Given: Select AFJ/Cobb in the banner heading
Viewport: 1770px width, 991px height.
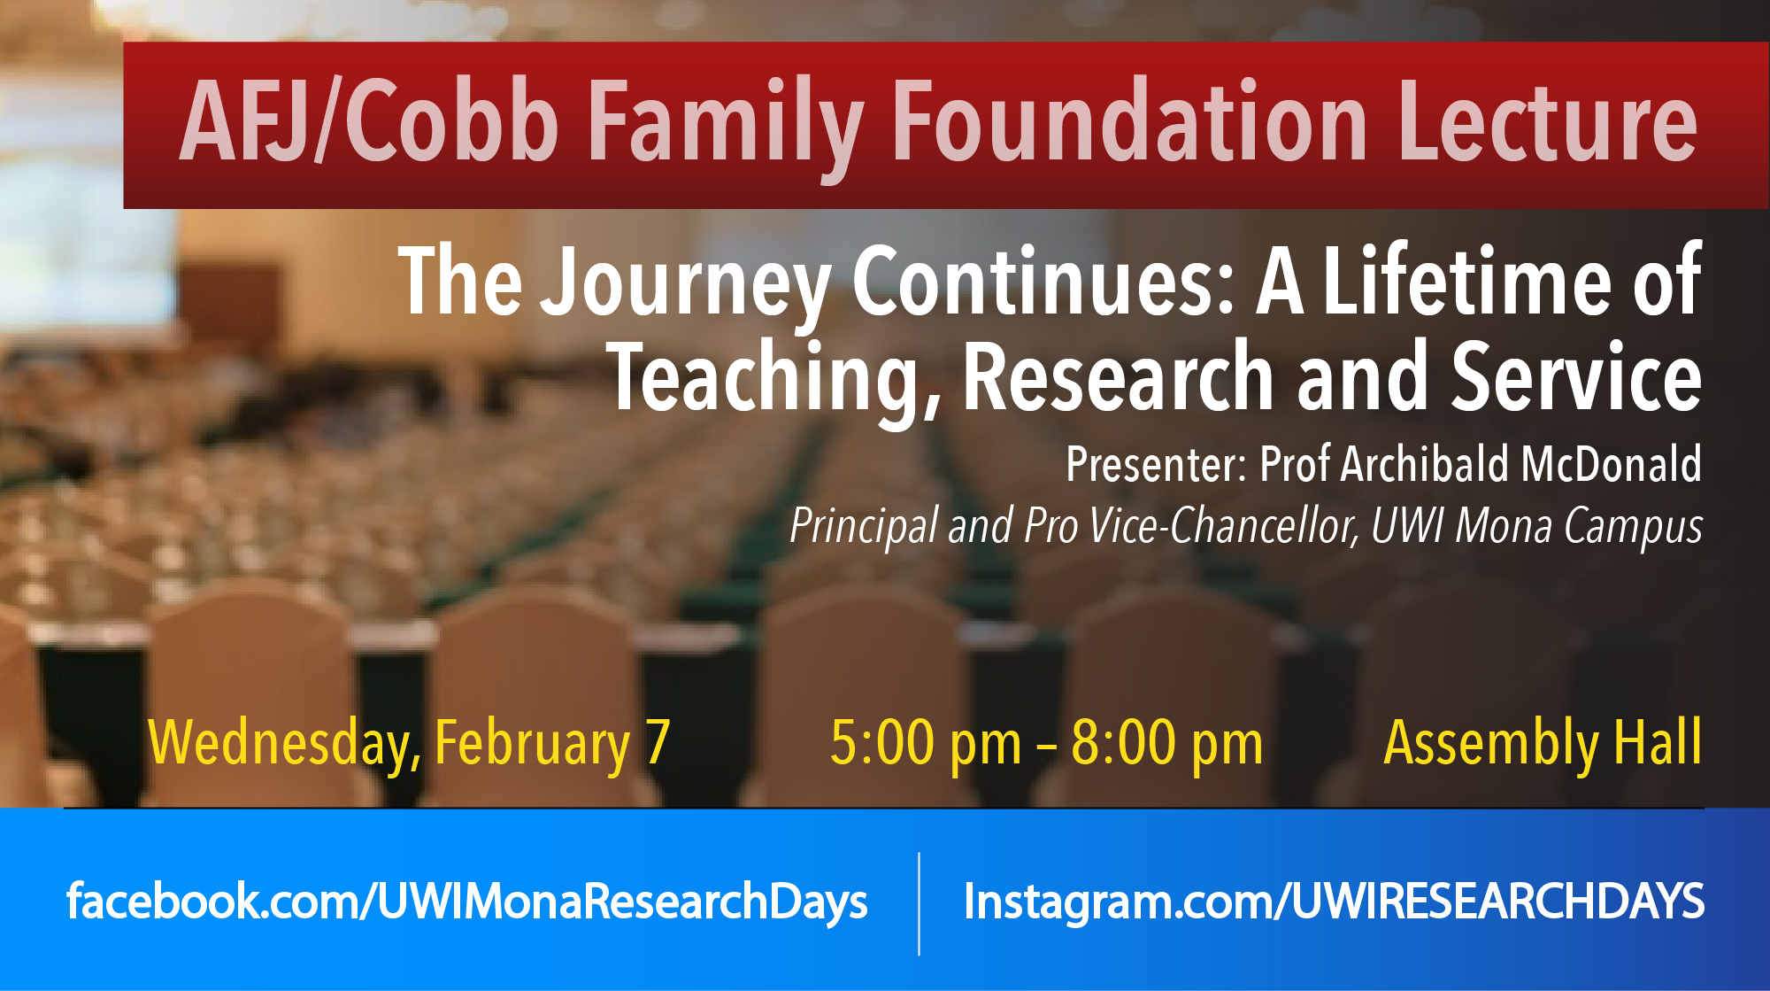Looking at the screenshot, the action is (x=369, y=121).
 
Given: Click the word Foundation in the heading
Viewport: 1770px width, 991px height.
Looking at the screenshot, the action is (x=1131, y=121).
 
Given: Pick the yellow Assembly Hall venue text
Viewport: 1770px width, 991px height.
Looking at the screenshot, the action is (x=1543, y=744).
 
